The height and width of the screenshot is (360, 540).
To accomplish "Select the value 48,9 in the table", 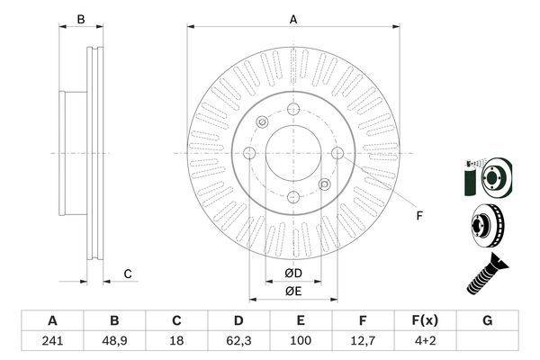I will (x=114, y=340).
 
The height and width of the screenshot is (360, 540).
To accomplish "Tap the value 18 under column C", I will (x=176, y=340).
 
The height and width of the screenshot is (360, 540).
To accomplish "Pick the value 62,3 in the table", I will (x=238, y=340).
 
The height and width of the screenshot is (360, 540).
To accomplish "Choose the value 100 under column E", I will (x=301, y=340).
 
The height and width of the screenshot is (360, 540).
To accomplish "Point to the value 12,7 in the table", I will (x=363, y=340).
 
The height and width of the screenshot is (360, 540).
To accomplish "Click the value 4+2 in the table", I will (x=425, y=340).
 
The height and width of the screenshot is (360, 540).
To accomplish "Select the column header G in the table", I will (x=487, y=320).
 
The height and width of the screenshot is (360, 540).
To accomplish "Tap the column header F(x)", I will (x=425, y=320).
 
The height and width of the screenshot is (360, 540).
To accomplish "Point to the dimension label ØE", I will (x=293, y=290).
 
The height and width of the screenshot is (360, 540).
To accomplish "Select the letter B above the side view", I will (x=80, y=20).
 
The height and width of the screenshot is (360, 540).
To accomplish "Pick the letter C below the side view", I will (x=128, y=274).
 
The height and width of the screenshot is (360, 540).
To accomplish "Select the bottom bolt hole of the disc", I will (x=292, y=196).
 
